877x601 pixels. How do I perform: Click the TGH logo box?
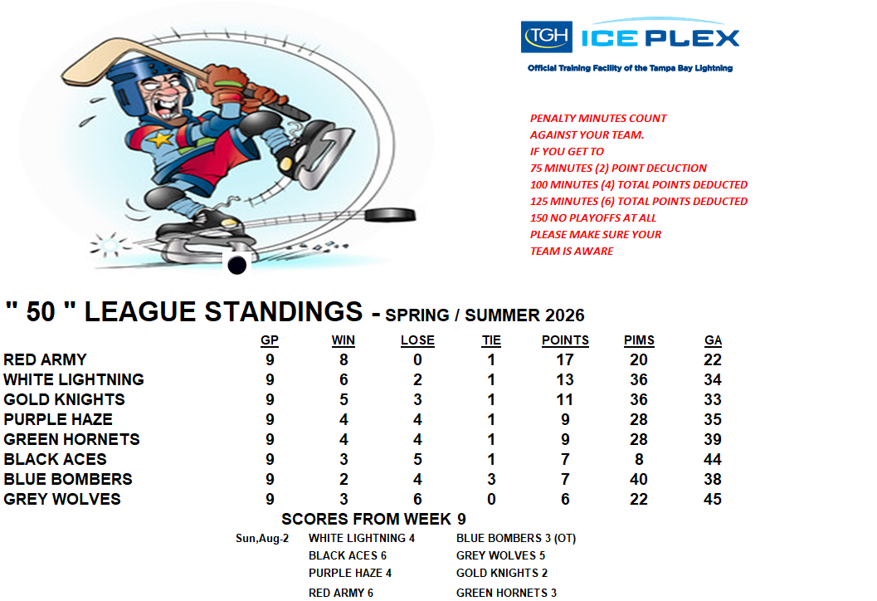point(547,37)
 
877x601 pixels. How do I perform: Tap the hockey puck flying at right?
point(391,215)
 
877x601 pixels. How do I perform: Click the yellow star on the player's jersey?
point(161,139)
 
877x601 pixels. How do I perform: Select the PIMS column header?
point(639,340)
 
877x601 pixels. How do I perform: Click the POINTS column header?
point(565,340)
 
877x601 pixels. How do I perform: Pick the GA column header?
point(713,340)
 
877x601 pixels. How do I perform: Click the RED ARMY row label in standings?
point(46,359)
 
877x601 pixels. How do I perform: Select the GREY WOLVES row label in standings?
point(62,499)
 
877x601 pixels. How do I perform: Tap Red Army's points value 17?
point(565,359)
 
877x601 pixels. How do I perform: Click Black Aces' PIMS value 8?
point(639,459)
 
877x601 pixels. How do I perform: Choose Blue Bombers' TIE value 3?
point(491,480)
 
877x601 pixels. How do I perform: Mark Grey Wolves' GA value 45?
point(713,499)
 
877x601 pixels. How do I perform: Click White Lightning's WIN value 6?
point(343,380)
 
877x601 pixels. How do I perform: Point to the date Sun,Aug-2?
point(262,538)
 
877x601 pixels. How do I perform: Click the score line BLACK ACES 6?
point(348,555)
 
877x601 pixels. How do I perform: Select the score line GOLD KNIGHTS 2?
point(502,573)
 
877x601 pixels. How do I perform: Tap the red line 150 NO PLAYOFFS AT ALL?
point(593,217)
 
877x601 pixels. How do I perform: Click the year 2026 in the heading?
point(565,315)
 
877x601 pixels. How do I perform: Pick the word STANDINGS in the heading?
point(284,311)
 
